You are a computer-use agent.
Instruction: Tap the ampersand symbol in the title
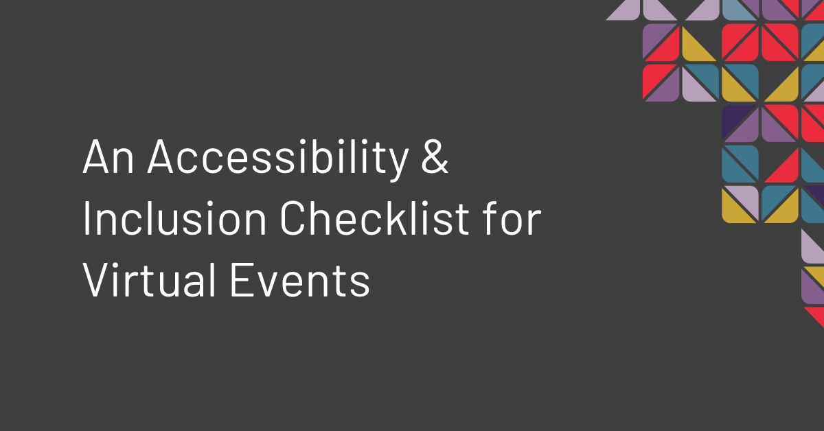[435, 159]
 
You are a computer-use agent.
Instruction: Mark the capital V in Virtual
[97, 281]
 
